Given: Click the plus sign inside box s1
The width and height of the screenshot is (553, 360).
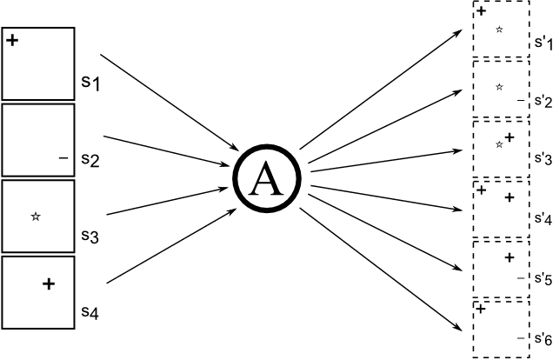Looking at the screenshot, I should coord(12,40).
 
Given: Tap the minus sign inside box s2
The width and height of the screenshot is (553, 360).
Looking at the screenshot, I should coord(62,158).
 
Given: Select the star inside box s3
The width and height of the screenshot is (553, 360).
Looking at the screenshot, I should coord(35,216).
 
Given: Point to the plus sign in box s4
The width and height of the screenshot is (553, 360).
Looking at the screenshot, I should coord(49,283).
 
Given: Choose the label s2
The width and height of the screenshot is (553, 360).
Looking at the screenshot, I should coord(90,159).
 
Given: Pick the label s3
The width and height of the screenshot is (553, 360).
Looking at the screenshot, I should coord(90,235).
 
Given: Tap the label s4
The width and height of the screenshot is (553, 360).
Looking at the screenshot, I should coord(90,310).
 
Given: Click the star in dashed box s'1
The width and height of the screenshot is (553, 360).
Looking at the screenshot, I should coord(499,30).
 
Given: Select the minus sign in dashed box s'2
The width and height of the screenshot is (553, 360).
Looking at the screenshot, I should coord(520,101).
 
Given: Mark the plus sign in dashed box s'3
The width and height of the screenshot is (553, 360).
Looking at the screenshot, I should coord(510,137).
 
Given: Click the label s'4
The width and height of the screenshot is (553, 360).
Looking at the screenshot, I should coord(542,218).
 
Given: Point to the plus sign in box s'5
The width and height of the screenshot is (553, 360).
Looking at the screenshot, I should coord(510,257).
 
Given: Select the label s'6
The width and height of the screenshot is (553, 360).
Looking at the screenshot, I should coord(542,337).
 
